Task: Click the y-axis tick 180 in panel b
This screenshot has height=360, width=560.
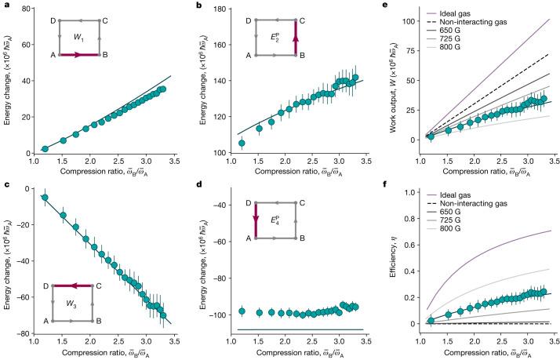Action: (214, 8)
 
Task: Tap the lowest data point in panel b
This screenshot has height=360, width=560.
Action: (242, 143)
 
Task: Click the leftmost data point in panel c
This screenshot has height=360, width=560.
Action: (45, 198)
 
